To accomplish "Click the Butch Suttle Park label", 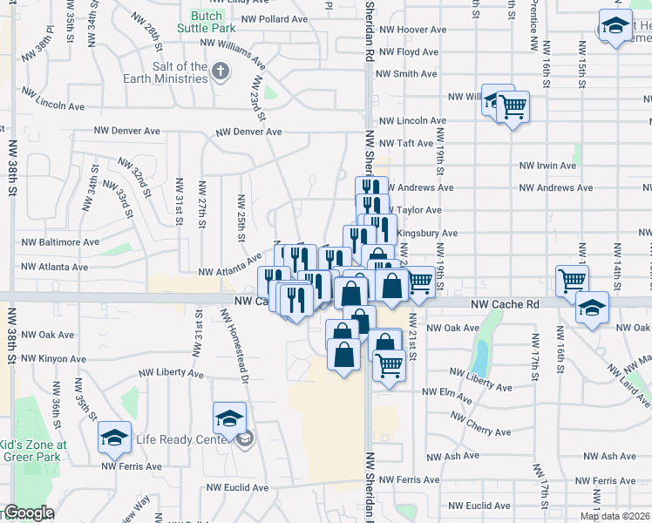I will tap(214, 22).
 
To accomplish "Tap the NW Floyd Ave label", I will tap(406, 51).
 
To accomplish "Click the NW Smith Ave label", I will tap(406, 74).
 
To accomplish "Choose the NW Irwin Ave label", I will tap(547, 165).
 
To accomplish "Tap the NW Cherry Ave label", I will tap(479, 431).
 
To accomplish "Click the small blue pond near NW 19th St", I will tap(480, 357).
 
